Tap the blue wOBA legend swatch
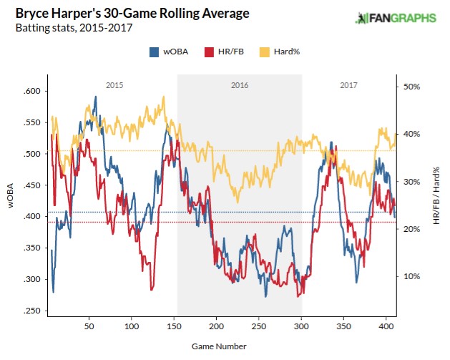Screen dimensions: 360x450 (x=154, y=52)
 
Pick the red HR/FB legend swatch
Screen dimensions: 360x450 (x=209, y=52)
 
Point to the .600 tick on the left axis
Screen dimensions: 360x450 (x=31, y=91)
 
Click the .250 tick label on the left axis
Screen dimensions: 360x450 (x=31, y=311)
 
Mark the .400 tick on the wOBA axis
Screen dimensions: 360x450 (x=31, y=216)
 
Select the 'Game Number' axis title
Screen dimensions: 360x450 (x=219, y=346)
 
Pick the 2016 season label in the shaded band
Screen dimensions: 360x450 (x=240, y=85)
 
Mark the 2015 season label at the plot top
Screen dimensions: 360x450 (x=114, y=85)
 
